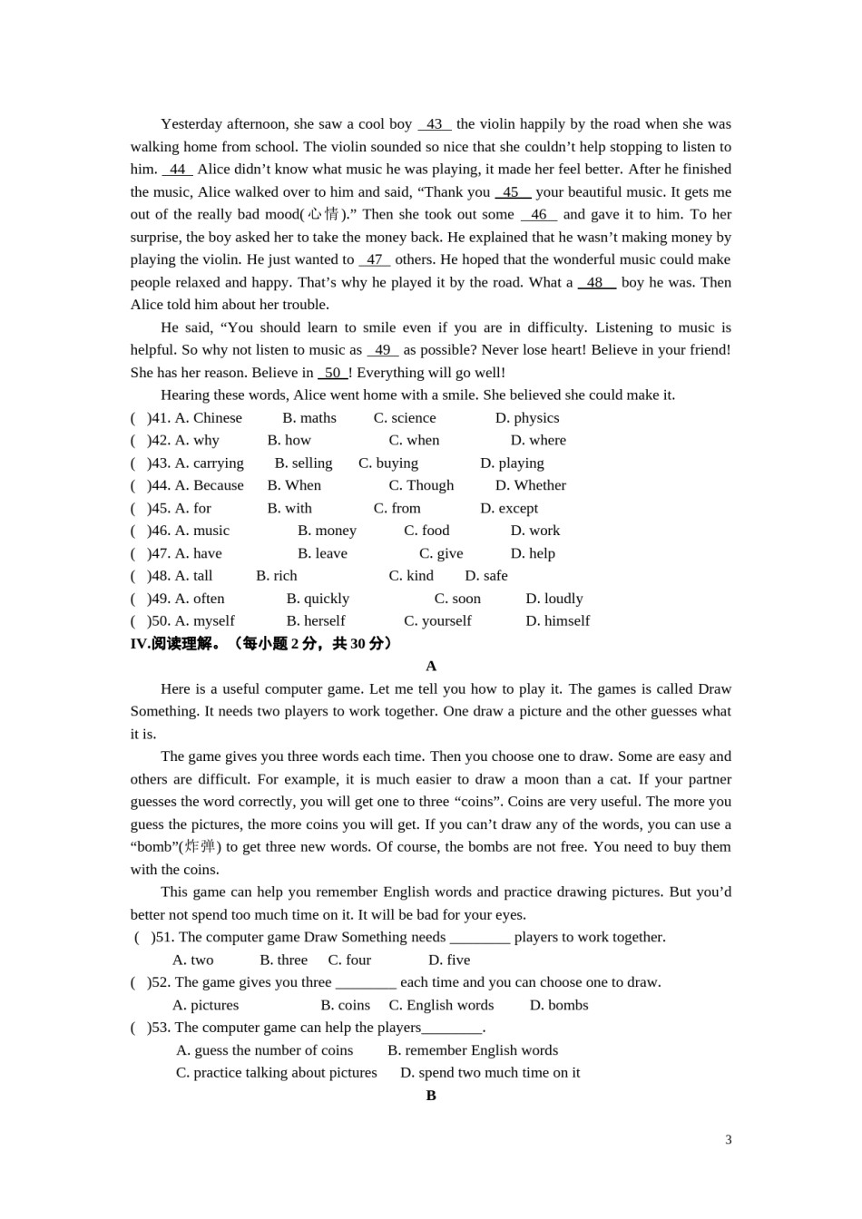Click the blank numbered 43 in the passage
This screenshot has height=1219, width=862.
[435, 124]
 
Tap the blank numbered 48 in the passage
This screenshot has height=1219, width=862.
[596, 282]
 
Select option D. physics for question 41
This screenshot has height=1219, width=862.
[527, 418]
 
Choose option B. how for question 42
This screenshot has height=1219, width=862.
[289, 440]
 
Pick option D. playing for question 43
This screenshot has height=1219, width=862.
[512, 463]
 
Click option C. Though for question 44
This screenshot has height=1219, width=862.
[421, 485]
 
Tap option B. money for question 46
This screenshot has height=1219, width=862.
[327, 531]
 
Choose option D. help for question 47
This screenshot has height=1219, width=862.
[533, 553]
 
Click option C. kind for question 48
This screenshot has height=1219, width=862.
[411, 576]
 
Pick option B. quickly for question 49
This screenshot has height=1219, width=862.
[318, 599]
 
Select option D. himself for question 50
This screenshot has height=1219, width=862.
[557, 621]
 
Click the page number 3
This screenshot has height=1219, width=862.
[728, 1140]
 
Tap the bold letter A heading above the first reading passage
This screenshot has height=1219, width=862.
[431, 666]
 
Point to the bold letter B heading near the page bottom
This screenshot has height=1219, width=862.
[431, 1096]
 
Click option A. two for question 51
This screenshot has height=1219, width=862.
[192, 960]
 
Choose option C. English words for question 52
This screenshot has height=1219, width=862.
[441, 1005]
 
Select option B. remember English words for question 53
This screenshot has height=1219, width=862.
[473, 1050]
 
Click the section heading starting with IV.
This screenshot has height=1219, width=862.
[262, 644]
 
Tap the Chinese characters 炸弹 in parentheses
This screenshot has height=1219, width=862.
[200, 846]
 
